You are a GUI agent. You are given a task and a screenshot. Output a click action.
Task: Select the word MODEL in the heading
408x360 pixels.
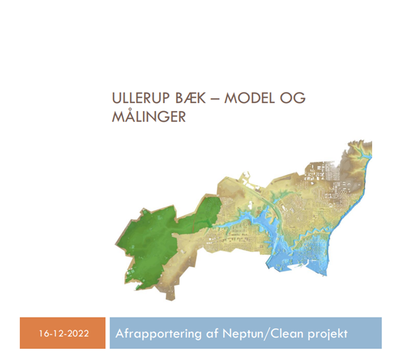point(253,99)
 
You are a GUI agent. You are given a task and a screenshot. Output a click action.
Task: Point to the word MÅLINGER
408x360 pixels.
point(148,116)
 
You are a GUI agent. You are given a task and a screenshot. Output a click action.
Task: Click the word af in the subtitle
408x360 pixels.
point(206,333)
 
